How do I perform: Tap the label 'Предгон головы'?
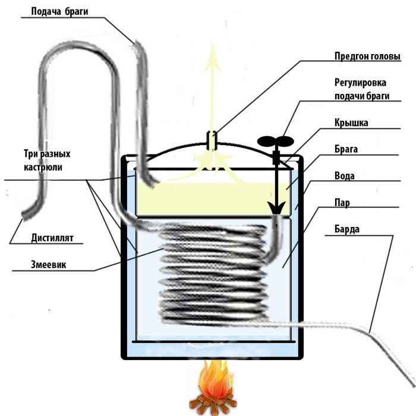[x=365, y=56]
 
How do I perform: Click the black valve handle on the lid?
[x=275, y=141]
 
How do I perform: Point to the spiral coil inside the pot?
[x=214, y=273]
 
